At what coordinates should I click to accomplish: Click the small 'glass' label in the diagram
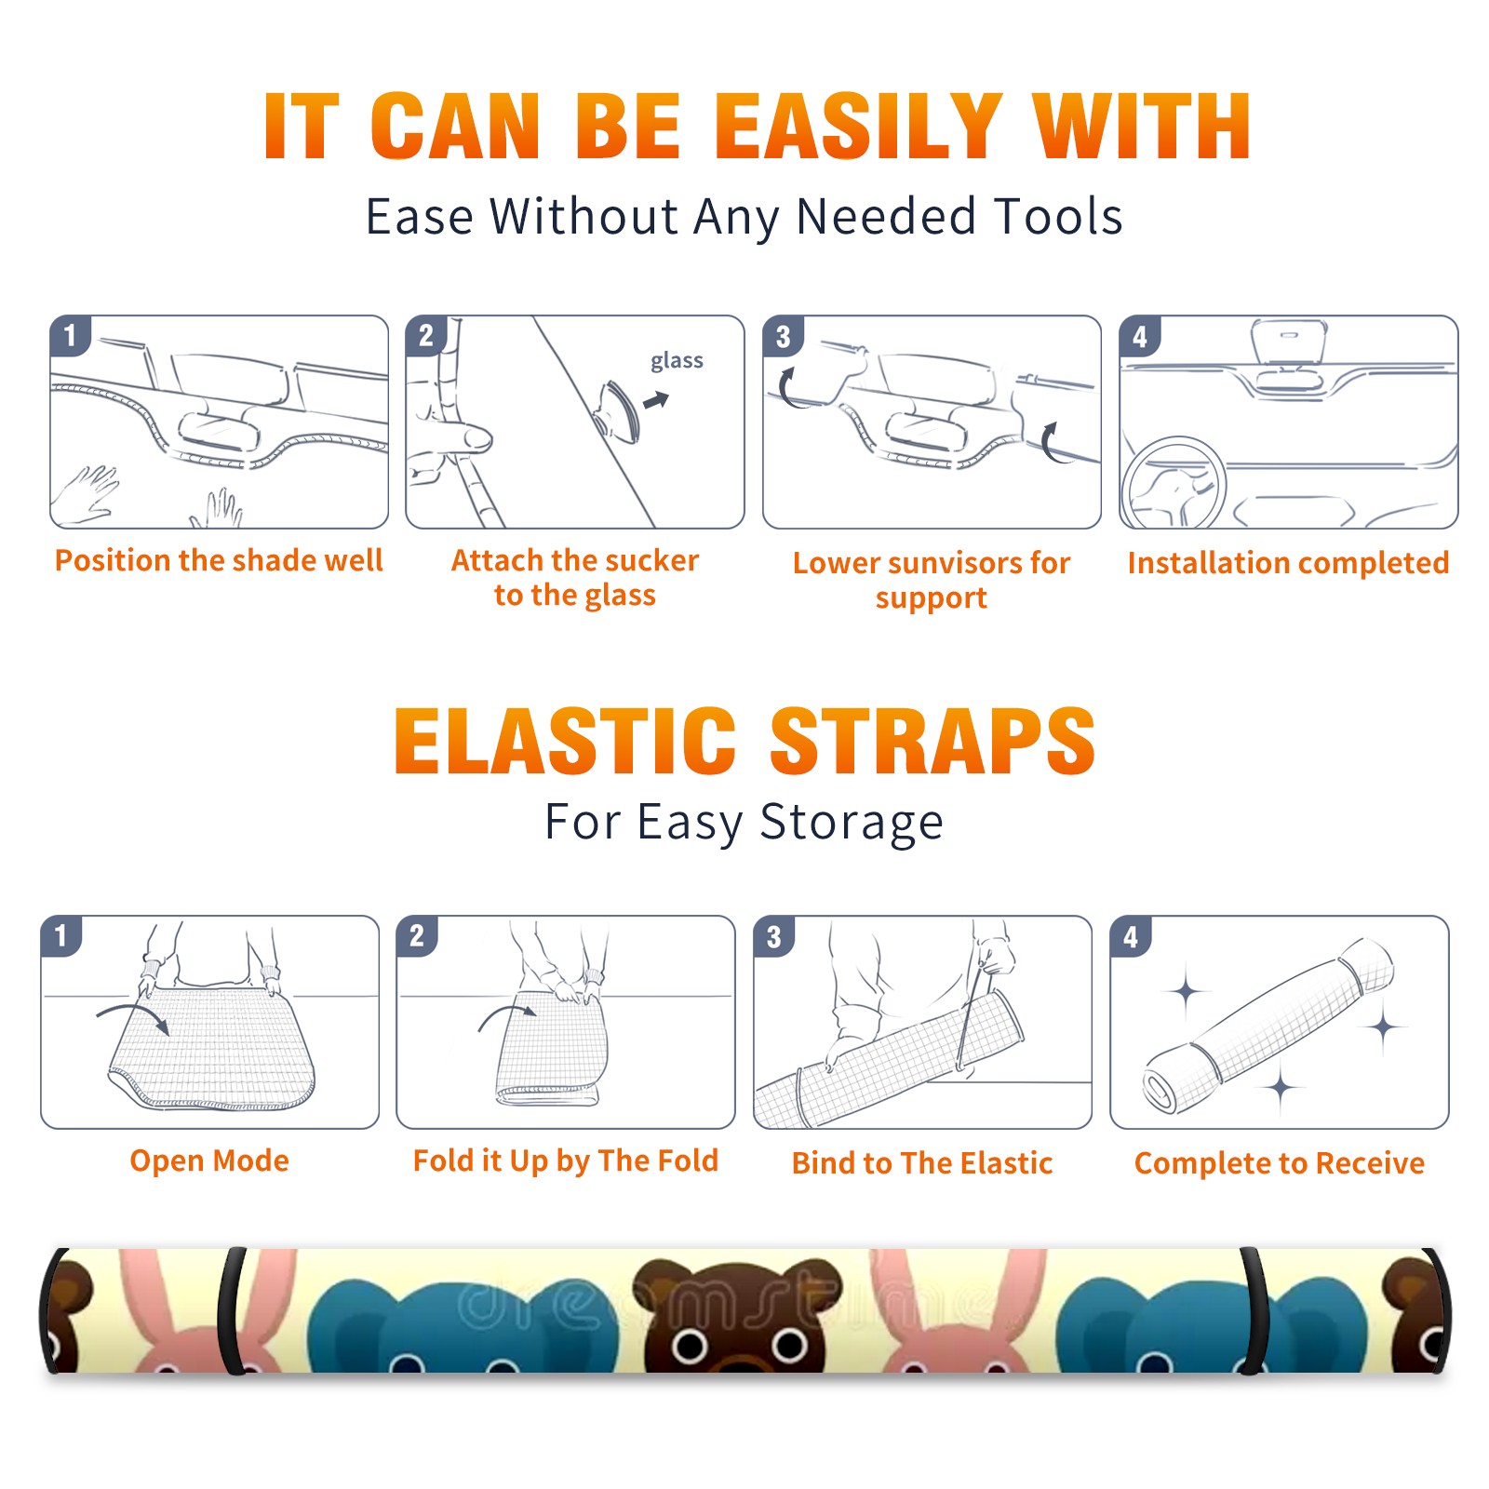(677, 361)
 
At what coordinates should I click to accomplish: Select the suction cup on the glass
(618, 411)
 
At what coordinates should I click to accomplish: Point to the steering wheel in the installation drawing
(1174, 483)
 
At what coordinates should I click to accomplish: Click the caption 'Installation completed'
(1288, 563)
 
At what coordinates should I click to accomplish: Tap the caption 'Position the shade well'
(219, 560)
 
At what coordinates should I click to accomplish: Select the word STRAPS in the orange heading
(932, 741)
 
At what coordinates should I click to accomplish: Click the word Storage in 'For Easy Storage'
(852, 823)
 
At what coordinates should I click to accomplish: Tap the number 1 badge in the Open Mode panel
(61, 936)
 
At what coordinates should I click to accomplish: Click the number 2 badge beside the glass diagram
(426, 336)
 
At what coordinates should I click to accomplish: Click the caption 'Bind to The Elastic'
(922, 1163)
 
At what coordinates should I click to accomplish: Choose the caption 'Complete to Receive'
(1280, 1163)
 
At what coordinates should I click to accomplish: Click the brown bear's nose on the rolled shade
(739, 1363)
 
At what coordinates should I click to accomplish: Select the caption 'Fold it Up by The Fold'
(566, 1161)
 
